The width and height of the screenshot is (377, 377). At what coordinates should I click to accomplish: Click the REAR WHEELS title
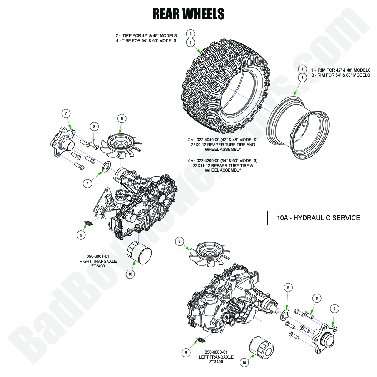188,14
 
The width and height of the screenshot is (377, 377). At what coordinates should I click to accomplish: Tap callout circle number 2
191,33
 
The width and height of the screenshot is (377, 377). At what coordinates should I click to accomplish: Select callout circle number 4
191,42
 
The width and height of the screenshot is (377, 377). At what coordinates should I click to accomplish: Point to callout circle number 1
302,69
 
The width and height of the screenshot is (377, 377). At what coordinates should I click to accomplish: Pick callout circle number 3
302,78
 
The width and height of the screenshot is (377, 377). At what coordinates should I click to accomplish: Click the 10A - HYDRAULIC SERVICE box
318,218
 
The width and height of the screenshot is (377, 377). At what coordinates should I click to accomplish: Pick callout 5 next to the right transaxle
81,234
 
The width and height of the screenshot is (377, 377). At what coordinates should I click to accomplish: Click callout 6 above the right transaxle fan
122,119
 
